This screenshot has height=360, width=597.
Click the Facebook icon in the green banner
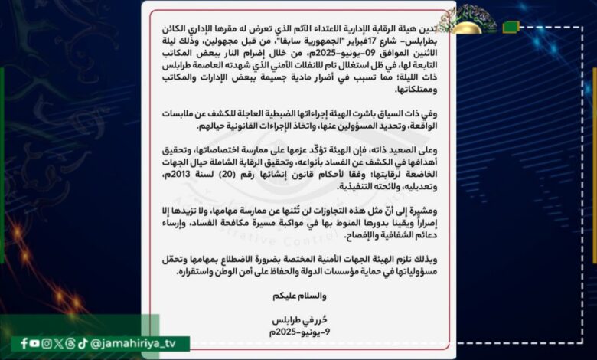click(24, 343)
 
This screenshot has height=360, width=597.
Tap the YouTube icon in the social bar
click(36, 343)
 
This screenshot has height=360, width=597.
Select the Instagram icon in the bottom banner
click(47, 343)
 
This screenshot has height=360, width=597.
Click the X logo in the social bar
click(59, 343)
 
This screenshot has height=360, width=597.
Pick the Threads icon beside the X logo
click(70, 343)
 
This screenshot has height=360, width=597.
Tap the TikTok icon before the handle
click(82, 343)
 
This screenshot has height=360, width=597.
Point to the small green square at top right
click(511, 27)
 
